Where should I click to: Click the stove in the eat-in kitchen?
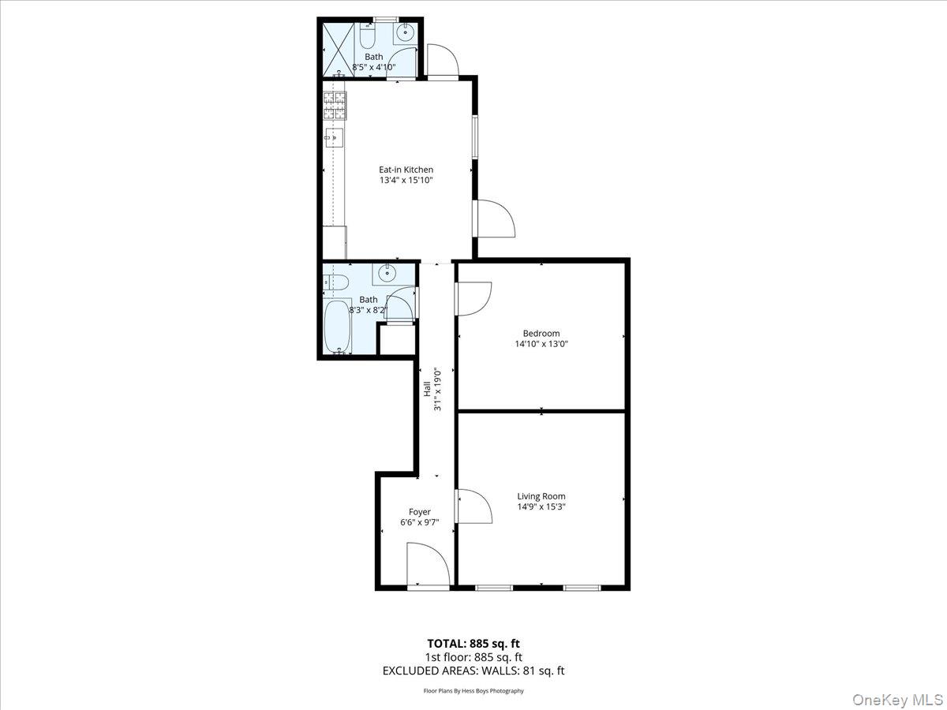[335, 106]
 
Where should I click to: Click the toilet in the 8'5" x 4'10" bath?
[368, 35]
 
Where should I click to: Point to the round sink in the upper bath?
[406, 33]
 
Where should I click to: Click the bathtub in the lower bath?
[339, 326]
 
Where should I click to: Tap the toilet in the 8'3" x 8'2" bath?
[335, 281]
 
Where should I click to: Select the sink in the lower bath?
[387, 274]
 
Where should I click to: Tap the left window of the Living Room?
[494, 588]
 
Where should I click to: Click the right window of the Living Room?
[582, 588]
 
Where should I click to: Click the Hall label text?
[427, 388]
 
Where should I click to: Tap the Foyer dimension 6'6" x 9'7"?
[419, 523]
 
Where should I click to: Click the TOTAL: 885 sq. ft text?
[473, 643]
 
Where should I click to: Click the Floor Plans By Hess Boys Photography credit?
[473, 691]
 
